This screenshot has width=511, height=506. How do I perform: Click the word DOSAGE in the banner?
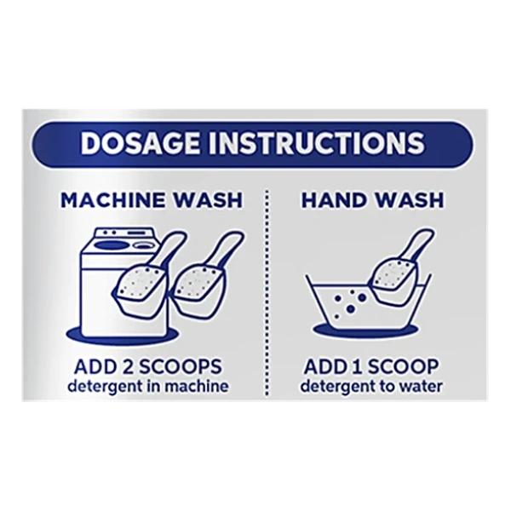click(x=140, y=143)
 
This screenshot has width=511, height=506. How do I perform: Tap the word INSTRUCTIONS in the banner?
click(x=317, y=143)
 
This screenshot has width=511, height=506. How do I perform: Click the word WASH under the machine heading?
click(x=209, y=200)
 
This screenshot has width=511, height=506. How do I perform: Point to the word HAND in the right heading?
click(x=334, y=200)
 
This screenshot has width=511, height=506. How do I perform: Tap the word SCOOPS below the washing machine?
click(x=182, y=366)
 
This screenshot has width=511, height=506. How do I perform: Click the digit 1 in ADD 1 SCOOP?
click(x=359, y=366)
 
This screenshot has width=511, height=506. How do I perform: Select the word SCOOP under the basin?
click(x=404, y=366)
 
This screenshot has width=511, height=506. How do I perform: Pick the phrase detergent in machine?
click(x=148, y=387)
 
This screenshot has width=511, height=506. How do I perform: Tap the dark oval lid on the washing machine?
click(x=112, y=245)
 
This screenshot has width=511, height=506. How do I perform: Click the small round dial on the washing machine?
click(x=143, y=245)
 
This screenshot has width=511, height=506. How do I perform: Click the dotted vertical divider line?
click(x=267, y=292)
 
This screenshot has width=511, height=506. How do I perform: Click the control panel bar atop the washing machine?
click(x=123, y=234)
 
